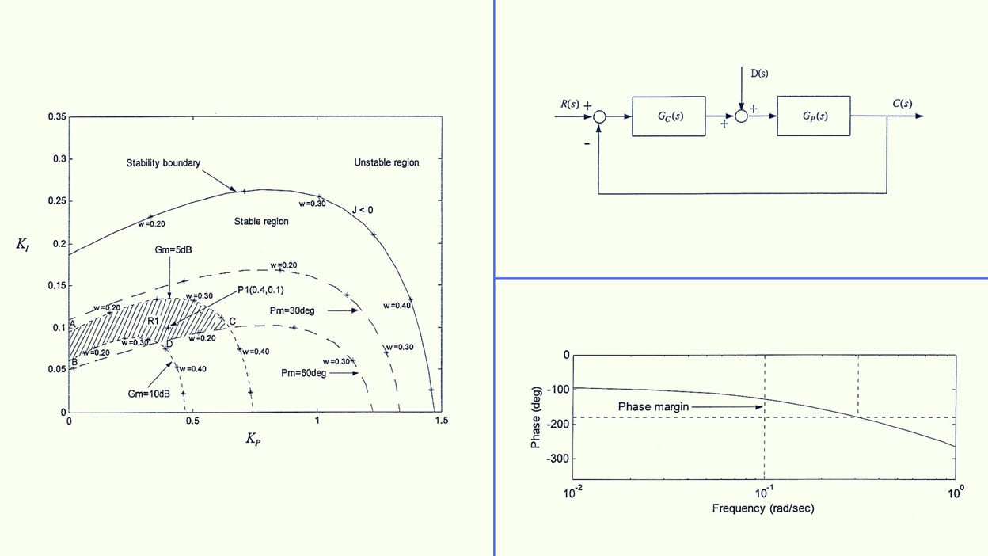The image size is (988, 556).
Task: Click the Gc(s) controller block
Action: pos(668,116)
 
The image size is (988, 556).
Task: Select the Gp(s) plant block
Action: pos(814,116)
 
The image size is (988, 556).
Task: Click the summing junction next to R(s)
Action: pos(600,116)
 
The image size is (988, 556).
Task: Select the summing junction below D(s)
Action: pos(742,116)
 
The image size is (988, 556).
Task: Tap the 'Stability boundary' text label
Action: pos(163,163)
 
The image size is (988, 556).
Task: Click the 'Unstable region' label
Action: pos(386,162)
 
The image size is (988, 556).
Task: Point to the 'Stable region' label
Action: pos(261,222)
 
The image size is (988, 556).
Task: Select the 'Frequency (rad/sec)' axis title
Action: pos(762,508)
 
